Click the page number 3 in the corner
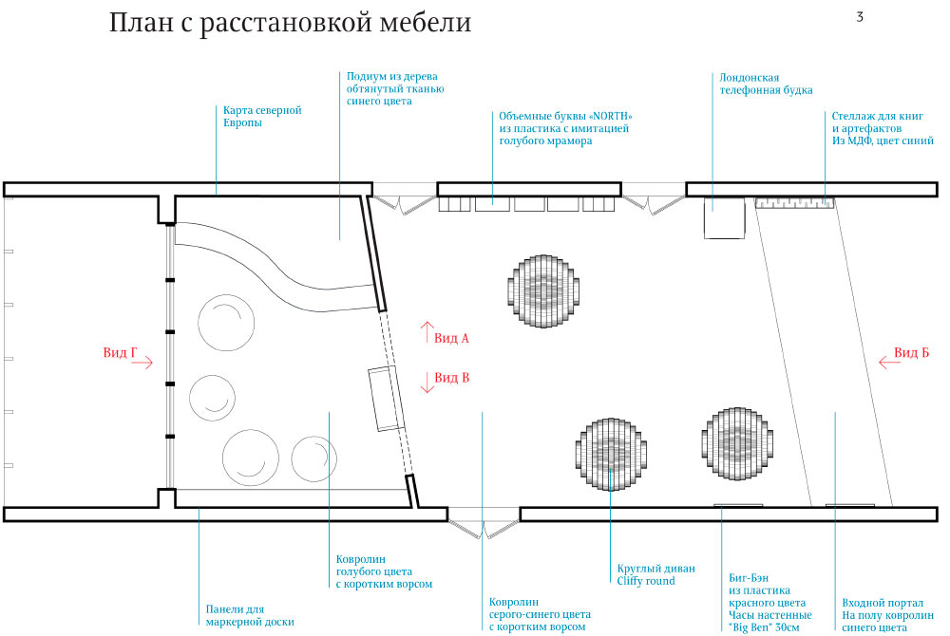click(x=859, y=16)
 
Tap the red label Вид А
click(x=452, y=337)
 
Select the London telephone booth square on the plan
click(x=722, y=219)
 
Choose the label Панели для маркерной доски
click(x=249, y=615)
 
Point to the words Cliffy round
click(x=646, y=581)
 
